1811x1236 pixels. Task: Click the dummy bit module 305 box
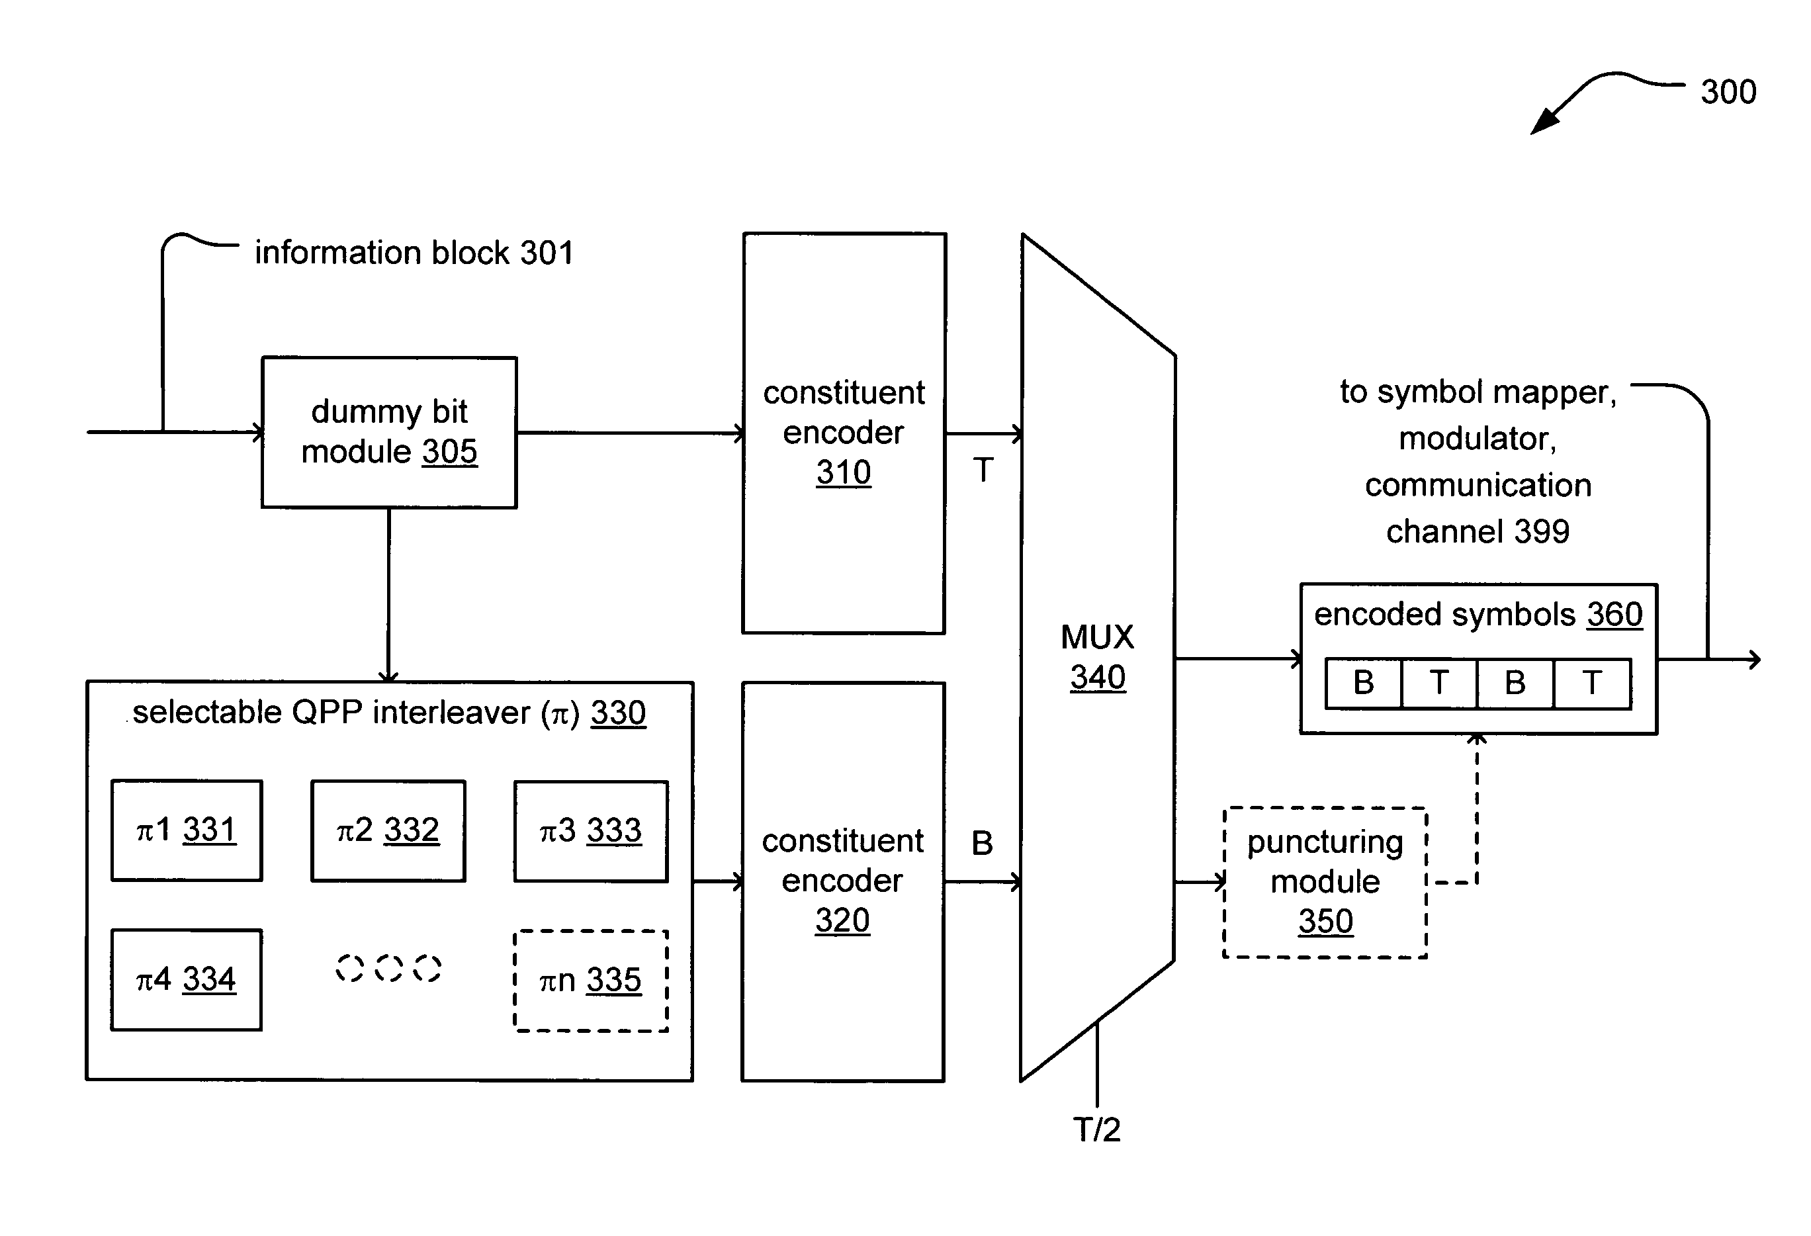389,433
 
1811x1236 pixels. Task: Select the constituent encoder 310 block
844,433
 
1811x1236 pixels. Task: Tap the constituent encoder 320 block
843,881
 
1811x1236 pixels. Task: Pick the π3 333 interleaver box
591,831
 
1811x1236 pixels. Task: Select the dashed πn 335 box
591,981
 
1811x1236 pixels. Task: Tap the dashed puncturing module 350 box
1325,882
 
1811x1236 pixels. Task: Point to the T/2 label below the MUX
1097,1130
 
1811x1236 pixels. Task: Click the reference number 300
1728,92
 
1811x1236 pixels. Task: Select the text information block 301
414,253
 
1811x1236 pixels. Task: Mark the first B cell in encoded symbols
1364,684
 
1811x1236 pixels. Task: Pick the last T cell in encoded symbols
1592,684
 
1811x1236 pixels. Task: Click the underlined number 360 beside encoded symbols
1614,615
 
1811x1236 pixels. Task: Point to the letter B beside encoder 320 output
983,843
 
